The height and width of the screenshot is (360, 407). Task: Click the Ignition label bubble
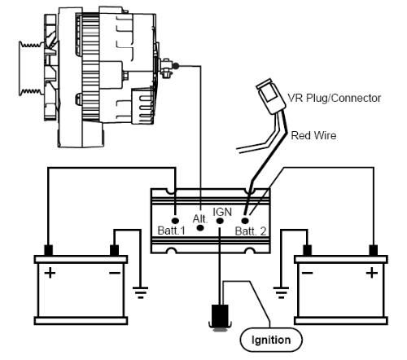click(x=271, y=340)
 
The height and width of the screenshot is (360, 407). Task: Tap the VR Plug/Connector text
click(x=334, y=98)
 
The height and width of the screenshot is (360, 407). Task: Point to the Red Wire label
click(x=313, y=135)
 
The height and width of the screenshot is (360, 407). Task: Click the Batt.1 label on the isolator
click(x=172, y=230)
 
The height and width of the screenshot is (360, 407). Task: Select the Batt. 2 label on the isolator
click(x=251, y=231)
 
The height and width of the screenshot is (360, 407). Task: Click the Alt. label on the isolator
click(x=200, y=219)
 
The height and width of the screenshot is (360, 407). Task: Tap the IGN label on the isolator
click(x=222, y=212)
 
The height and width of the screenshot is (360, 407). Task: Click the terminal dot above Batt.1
click(x=175, y=220)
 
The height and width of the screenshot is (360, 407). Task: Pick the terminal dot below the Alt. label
click(x=200, y=228)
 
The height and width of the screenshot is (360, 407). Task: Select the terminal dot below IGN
click(x=220, y=221)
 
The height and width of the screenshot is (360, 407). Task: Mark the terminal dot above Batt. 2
click(x=245, y=221)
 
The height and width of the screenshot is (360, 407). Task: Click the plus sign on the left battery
click(x=50, y=273)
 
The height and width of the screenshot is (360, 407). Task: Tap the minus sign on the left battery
click(x=115, y=273)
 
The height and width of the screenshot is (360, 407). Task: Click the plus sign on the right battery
click(x=372, y=273)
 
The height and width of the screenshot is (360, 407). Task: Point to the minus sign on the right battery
click(x=308, y=272)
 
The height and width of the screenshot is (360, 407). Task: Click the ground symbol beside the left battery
click(x=140, y=292)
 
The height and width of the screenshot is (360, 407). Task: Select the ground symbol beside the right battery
click(x=281, y=292)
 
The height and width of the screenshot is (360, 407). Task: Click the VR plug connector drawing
click(x=270, y=96)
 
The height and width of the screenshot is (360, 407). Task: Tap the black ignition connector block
click(x=220, y=316)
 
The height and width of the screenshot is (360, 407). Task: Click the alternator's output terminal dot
click(x=176, y=66)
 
